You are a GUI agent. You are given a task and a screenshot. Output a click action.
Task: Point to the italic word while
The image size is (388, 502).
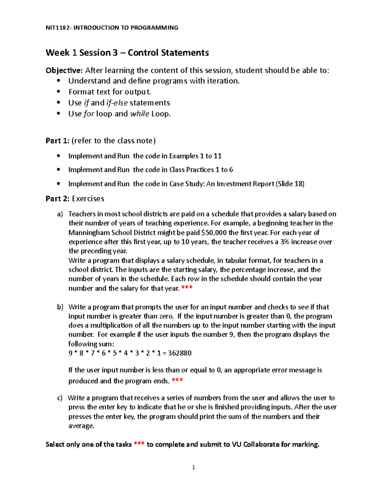pyautogui.click(x=139, y=114)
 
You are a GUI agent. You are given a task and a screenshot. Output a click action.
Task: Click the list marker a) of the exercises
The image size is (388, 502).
pyautogui.click(x=60, y=214)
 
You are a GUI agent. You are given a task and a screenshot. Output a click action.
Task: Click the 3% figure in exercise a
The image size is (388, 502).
pyautogui.click(x=285, y=242)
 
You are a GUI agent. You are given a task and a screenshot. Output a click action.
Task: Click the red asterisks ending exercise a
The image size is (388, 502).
pyautogui.click(x=187, y=288)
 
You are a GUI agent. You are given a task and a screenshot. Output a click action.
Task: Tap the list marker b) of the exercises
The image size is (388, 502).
pyautogui.click(x=60, y=307)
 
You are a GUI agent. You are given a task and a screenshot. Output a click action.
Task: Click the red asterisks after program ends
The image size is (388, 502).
pyautogui.click(x=177, y=380)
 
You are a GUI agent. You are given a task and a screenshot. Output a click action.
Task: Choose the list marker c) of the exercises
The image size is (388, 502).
pyautogui.click(x=60, y=398)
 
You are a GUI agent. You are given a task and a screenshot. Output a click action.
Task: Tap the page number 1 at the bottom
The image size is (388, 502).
pyautogui.click(x=193, y=467)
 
